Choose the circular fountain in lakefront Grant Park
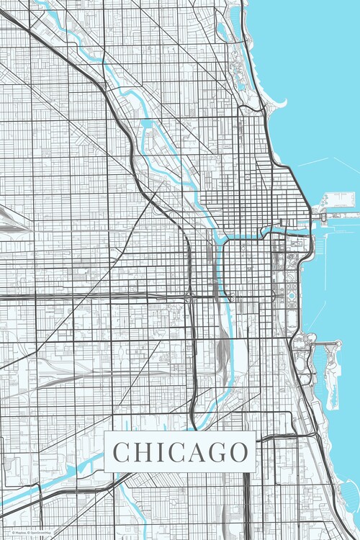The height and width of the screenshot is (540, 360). (x=291, y=295)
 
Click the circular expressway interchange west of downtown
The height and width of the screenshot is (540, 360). (x=190, y=294)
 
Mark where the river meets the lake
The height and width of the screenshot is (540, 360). (x=312, y=228)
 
